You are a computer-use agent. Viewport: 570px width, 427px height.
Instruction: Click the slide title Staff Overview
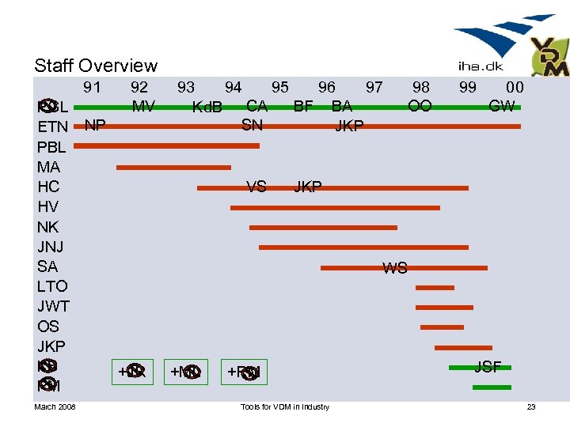(x=96, y=66)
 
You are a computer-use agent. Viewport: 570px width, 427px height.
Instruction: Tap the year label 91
(x=92, y=88)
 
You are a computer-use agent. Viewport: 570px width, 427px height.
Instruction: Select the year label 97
(x=374, y=88)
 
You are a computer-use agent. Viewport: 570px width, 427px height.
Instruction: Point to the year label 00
(x=515, y=88)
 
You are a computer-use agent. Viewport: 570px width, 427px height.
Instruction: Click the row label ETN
(x=53, y=127)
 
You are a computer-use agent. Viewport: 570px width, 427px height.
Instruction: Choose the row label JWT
(x=53, y=306)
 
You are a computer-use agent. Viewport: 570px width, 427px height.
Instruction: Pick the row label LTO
(x=52, y=286)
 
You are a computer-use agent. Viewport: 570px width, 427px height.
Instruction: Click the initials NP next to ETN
(x=96, y=125)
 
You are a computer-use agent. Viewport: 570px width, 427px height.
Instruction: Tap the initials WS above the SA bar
(x=395, y=268)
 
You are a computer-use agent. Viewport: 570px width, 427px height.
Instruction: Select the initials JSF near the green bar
(x=488, y=366)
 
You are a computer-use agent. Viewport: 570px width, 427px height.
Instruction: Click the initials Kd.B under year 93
(x=207, y=107)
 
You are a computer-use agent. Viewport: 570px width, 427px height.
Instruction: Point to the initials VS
(x=256, y=187)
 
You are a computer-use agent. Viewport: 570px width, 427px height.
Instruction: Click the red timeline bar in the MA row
(x=173, y=168)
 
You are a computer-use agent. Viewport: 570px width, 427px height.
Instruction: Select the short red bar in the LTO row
(x=435, y=287)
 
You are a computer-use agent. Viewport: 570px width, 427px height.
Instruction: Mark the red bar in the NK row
(x=323, y=227)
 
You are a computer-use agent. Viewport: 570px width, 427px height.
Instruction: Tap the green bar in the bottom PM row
(x=492, y=387)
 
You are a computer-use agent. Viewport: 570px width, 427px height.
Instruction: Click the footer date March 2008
(x=55, y=407)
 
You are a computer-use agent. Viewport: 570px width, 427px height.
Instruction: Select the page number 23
(x=531, y=407)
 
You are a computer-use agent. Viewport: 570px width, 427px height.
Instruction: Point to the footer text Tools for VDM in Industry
(x=284, y=407)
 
